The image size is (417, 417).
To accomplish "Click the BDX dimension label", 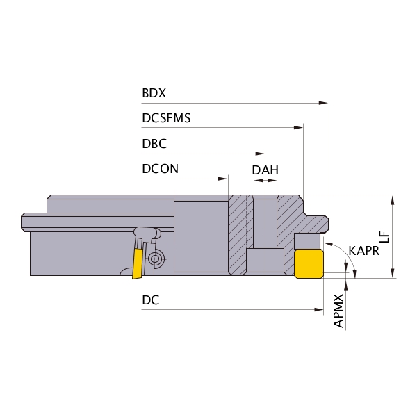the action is tap(154, 93).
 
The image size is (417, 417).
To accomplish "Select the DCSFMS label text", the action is tap(166, 118).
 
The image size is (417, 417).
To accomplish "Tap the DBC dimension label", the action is tap(154, 144).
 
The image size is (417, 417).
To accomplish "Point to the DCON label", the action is tap(160, 169).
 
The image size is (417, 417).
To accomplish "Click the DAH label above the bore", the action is tap(265, 170).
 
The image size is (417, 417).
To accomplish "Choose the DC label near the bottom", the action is tap(151, 300).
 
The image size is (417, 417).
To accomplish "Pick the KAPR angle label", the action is tap(363, 251).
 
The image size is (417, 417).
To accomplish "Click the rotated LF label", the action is tap(384, 238).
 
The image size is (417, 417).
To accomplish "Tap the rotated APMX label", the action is tap(338, 311).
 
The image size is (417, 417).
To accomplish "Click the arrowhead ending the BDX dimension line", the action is tap(324, 103).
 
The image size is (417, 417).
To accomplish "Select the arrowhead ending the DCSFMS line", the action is tap(298, 128).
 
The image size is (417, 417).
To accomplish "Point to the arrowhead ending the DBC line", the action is tap(260, 154).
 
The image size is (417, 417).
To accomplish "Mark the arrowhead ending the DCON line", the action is tap(223, 179).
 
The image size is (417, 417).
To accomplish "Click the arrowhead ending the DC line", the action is tap(318, 309).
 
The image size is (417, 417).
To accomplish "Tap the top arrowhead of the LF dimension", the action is tap(393, 200).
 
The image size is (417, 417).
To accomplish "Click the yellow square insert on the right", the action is tap(309, 264).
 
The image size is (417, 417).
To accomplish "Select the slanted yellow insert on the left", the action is tap(138, 263).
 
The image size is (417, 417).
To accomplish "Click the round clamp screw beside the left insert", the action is tap(154, 259).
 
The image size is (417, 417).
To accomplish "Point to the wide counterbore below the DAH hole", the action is tap(265, 261).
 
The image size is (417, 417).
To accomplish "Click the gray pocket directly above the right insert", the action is tap(307, 241).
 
